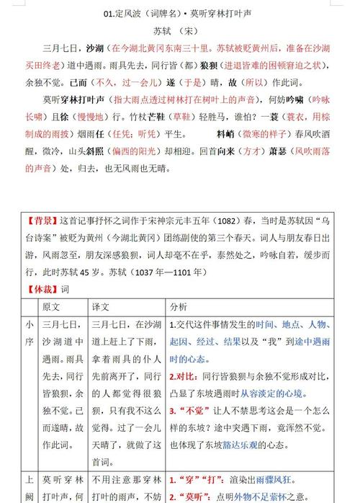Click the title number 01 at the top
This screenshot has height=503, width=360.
[109, 13]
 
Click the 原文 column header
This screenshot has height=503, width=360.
[52, 306]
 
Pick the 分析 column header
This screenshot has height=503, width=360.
[178, 306]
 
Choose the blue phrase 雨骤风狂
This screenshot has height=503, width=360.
[281, 479]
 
